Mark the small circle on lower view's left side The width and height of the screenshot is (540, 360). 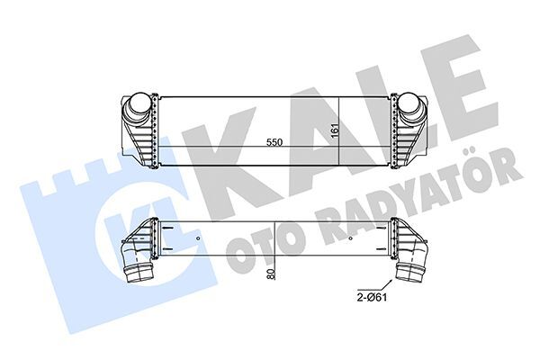tap(196, 238)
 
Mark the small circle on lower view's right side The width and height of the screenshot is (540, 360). tap(348, 238)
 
